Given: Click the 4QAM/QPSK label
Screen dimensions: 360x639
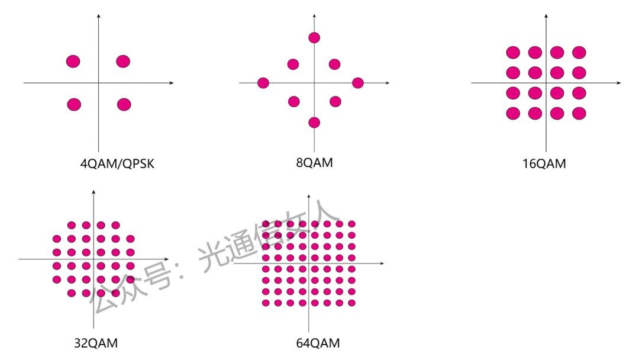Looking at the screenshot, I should (x=117, y=164).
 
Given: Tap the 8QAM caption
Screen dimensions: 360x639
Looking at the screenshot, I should (x=314, y=162).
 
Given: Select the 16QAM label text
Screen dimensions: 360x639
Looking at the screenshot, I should (x=544, y=164).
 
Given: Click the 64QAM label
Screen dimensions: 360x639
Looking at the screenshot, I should (x=318, y=343).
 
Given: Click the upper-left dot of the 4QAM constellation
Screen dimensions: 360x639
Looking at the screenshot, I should (x=73, y=61).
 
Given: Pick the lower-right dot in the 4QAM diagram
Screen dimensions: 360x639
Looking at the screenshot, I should (x=124, y=104).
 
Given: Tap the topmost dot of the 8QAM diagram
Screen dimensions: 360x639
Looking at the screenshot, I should (x=314, y=38).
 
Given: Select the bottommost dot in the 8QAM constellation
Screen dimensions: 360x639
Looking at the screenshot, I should (x=314, y=123).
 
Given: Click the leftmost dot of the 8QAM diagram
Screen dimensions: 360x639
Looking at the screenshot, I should (x=263, y=83).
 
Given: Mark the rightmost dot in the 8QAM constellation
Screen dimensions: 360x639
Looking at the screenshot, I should (x=357, y=83).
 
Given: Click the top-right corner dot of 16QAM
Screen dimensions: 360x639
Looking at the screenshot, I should (x=579, y=52).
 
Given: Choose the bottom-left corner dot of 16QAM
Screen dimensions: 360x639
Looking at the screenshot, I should (x=513, y=113).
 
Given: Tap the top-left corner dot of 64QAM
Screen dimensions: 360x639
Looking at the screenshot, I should (x=266, y=224).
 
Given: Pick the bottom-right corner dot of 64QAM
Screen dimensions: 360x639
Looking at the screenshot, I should (x=351, y=303).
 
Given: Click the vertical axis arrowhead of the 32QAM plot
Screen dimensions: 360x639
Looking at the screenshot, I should (x=93, y=192).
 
